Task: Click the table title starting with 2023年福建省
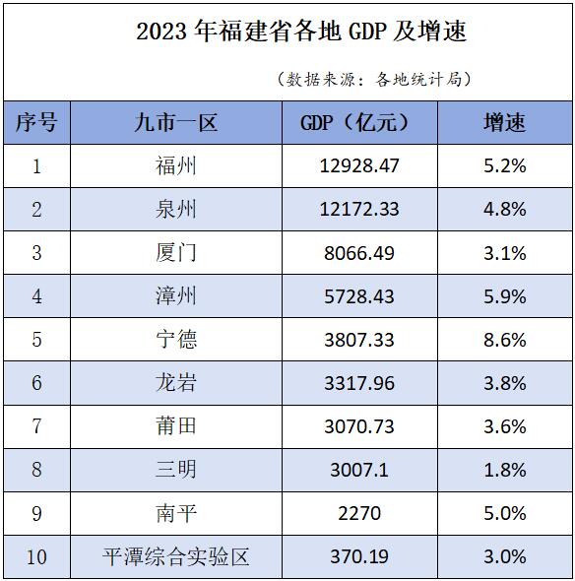(x=301, y=32)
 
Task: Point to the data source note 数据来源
(x=374, y=79)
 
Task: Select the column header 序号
(x=36, y=122)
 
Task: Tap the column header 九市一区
(x=176, y=122)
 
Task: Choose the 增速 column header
(x=504, y=122)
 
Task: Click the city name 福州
(x=176, y=165)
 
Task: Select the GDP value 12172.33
(x=359, y=209)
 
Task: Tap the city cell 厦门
(x=176, y=252)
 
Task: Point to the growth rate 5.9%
(x=505, y=295)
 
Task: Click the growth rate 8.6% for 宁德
(x=505, y=339)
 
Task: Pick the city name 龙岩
(x=176, y=382)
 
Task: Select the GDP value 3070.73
(x=359, y=425)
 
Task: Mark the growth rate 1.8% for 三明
(x=505, y=469)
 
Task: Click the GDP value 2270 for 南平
(x=359, y=512)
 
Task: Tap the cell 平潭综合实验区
(x=176, y=556)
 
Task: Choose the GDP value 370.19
(x=359, y=556)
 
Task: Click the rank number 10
(x=36, y=556)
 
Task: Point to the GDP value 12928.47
(x=359, y=165)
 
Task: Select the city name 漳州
(x=176, y=295)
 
